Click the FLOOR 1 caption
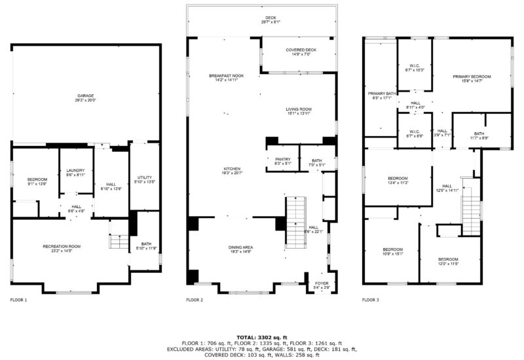click(19, 300)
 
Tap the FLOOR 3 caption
click(370, 300)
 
